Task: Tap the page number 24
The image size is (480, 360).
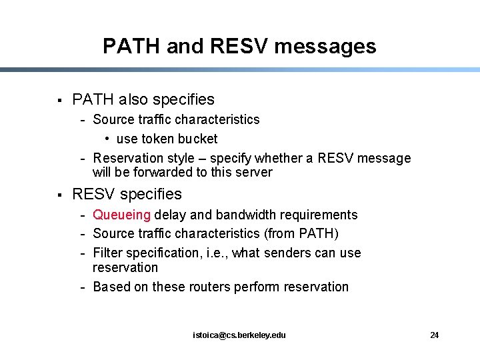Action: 434,335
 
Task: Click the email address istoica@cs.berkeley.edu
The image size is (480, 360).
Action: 239,335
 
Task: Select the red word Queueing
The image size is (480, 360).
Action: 122,215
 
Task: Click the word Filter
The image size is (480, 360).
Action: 109,253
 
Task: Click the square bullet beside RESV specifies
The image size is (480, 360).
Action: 59,195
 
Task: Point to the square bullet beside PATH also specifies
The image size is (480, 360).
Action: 59,101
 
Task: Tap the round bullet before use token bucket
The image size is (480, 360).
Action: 107,139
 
